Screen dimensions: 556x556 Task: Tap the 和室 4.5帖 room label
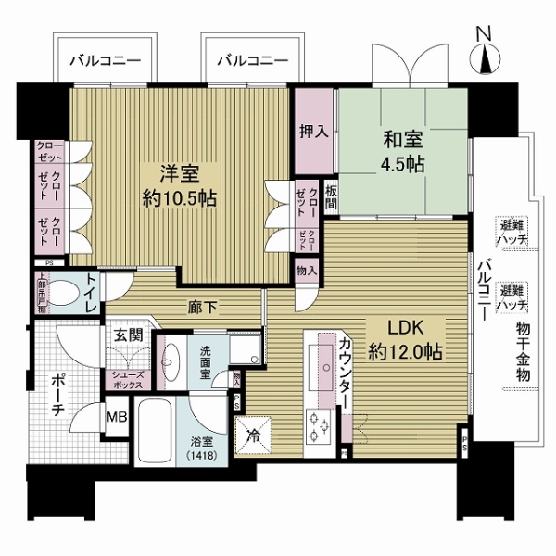(403, 153)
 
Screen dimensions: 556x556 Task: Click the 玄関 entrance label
(127, 336)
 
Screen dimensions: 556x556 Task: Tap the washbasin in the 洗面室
(172, 358)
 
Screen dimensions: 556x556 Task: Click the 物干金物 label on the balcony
(524, 352)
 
